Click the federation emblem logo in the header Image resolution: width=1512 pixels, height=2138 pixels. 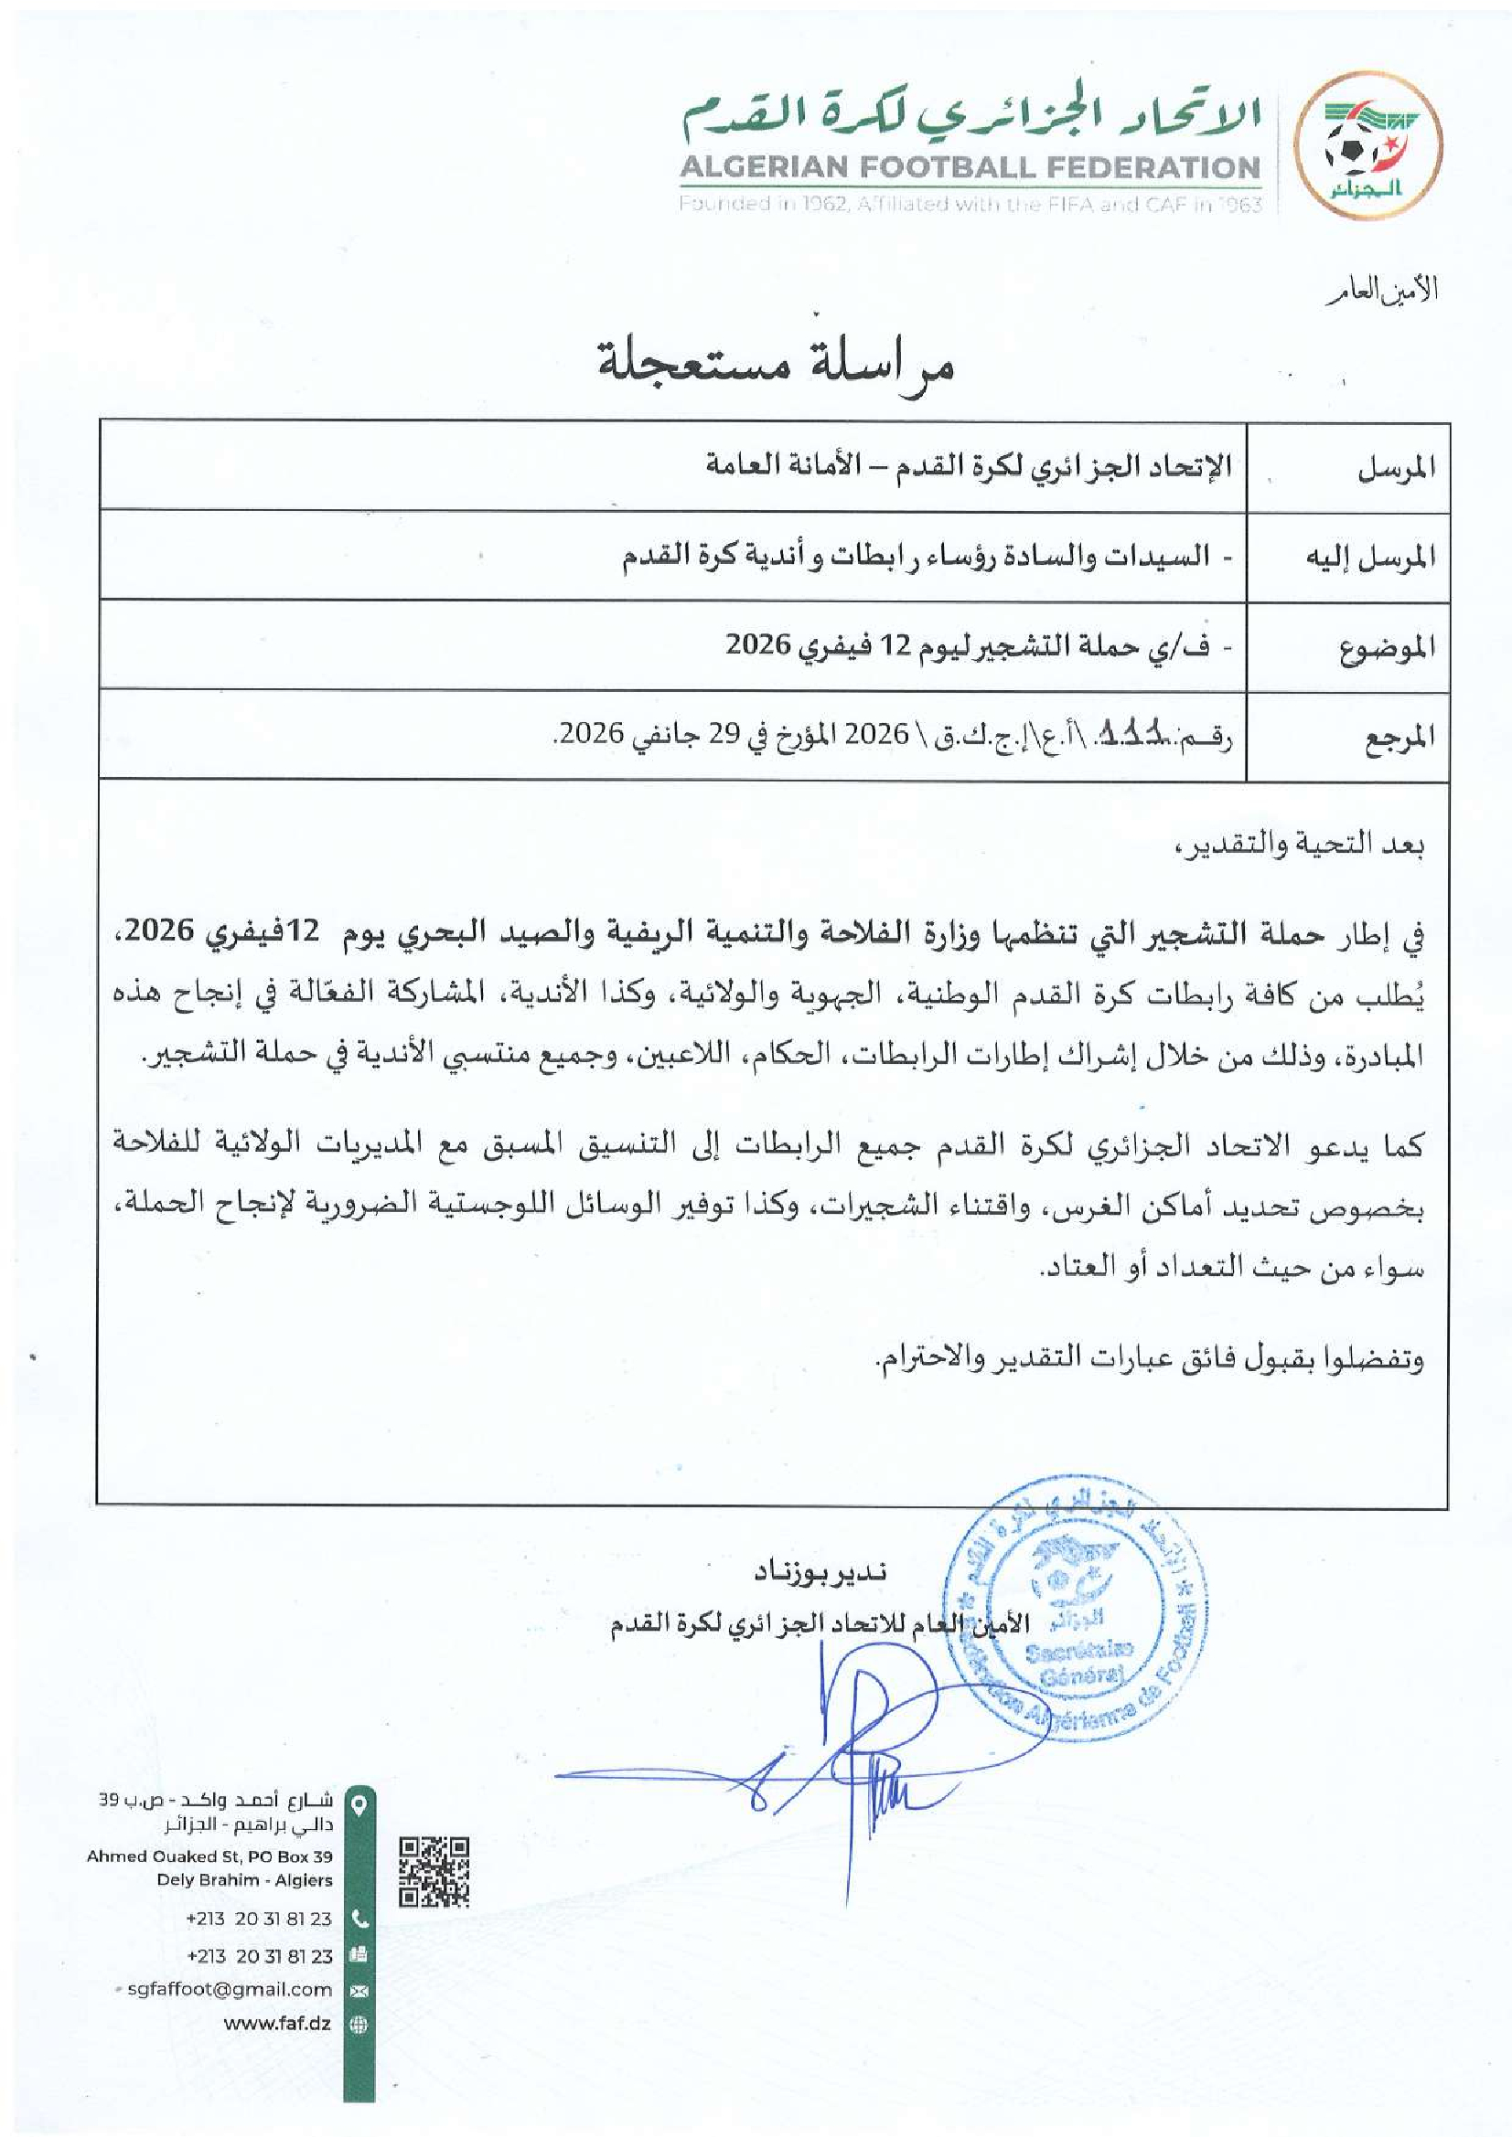[x=1369, y=149]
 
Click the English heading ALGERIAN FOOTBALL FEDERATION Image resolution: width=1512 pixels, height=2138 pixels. [x=969, y=168]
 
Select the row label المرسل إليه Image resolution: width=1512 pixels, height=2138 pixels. [x=1370, y=558]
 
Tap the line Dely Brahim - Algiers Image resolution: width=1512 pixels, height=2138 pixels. [x=244, y=1880]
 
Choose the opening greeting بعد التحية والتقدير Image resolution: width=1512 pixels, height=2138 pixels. [x=1300, y=845]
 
